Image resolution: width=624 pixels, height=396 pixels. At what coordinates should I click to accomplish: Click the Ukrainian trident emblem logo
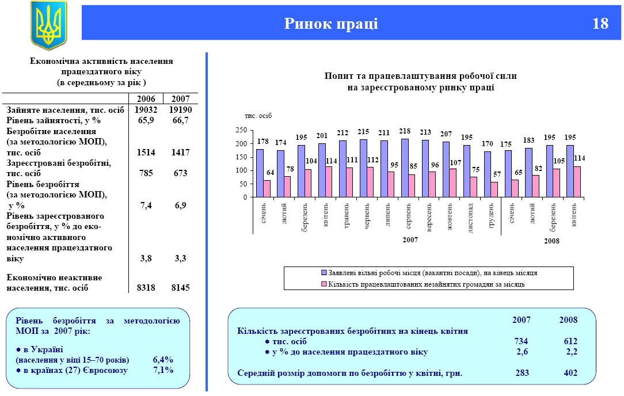click(48, 25)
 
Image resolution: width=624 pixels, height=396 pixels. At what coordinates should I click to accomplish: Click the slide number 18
click(600, 24)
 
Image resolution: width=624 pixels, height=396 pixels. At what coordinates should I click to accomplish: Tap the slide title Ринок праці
click(331, 24)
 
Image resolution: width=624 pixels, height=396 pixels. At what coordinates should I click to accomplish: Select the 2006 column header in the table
click(146, 99)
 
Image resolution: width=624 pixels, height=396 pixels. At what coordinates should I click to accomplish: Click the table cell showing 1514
click(146, 153)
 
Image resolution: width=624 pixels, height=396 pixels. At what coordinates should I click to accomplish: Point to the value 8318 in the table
click(146, 288)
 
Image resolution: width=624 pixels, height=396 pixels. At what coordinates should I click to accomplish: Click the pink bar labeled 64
click(267, 189)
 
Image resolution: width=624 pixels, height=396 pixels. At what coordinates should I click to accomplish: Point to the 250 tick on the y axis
click(241, 130)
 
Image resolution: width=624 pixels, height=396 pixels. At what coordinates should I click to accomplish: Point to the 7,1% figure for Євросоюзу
click(163, 370)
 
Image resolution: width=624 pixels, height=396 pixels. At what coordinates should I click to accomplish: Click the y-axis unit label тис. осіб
click(258, 116)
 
